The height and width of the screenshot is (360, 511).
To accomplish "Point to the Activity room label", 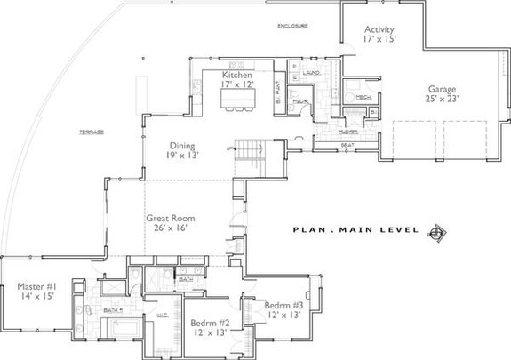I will [379, 34].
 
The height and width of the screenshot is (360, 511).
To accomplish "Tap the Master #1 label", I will [37, 291].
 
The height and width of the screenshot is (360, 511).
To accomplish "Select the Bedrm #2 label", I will [211, 326].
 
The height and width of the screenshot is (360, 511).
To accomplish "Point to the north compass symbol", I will [435, 233].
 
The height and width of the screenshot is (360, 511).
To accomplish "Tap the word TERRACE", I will [91, 132].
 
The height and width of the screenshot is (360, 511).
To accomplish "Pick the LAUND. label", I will [311, 72].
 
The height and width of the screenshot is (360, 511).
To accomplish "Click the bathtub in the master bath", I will [117, 328].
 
